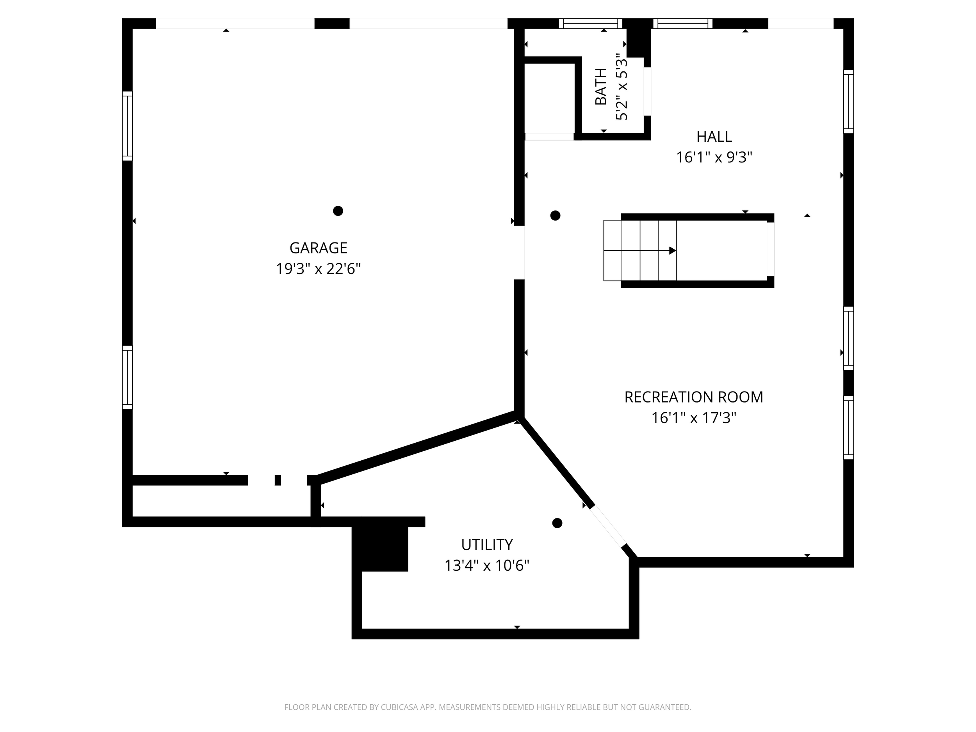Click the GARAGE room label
point(318,248)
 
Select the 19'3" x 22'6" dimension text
point(318,269)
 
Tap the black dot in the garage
point(338,211)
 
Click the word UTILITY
point(487,545)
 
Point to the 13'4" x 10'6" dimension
point(487,566)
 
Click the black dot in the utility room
point(557,523)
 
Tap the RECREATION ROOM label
point(693,397)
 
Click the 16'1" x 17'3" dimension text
point(693,418)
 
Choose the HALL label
point(714,137)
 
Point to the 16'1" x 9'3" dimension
point(714,157)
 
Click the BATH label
point(601,87)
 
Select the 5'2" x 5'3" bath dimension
point(622,87)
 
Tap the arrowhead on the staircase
point(672,251)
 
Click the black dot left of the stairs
point(556,216)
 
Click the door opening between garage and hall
point(519,252)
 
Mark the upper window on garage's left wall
point(127,126)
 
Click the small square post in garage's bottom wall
point(278,480)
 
